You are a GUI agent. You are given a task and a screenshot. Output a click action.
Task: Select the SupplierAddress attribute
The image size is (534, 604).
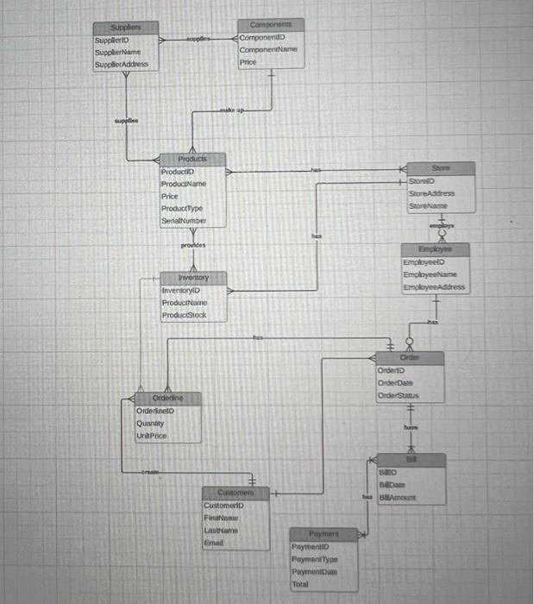pyautogui.click(x=122, y=64)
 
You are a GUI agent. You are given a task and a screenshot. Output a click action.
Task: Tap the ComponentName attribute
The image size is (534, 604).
pyautogui.click(x=268, y=50)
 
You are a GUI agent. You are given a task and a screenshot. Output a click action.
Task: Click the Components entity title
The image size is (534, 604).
pyautogui.click(x=270, y=25)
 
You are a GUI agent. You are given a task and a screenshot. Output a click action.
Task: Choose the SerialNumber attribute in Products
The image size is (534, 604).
pyautogui.click(x=183, y=221)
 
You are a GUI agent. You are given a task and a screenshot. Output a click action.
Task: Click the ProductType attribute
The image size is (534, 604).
pyautogui.click(x=182, y=209)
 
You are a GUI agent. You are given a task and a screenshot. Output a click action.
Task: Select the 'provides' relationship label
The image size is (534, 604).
pyautogui.click(x=192, y=245)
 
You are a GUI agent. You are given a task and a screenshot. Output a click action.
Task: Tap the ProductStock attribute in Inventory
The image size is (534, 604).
pyautogui.click(x=184, y=316)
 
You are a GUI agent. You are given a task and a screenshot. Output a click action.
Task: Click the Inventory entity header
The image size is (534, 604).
pyautogui.click(x=192, y=278)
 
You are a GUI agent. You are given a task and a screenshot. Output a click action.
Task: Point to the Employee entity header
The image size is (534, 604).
pyautogui.click(x=435, y=249)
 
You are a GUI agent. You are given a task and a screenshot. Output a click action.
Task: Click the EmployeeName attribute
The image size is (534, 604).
pyautogui.click(x=433, y=274)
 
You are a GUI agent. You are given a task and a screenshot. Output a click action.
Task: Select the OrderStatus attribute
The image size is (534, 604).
pyautogui.click(x=397, y=395)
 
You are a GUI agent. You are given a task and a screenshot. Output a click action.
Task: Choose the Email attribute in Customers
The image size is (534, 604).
pyautogui.click(x=213, y=542)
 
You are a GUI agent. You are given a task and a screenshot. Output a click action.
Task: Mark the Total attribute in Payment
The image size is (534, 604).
pyautogui.click(x=300, y=583)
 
